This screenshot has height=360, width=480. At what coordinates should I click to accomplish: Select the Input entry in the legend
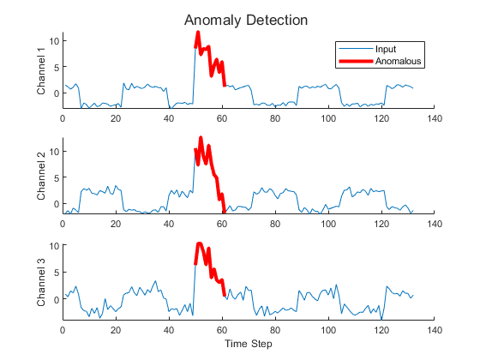[387, 49]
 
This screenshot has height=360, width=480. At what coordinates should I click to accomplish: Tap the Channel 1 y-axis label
[42, 70]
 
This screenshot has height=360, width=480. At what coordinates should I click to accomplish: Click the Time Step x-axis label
[248, 343]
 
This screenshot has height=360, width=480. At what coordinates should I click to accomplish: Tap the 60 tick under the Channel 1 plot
[222, 118]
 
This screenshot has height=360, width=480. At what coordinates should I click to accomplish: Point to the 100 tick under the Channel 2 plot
[328, 224]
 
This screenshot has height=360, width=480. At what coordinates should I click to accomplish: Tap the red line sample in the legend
[356, 61]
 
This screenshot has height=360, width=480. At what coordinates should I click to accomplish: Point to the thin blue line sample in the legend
[356, 49]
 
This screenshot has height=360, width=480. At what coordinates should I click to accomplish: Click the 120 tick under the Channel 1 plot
[381, 118]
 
